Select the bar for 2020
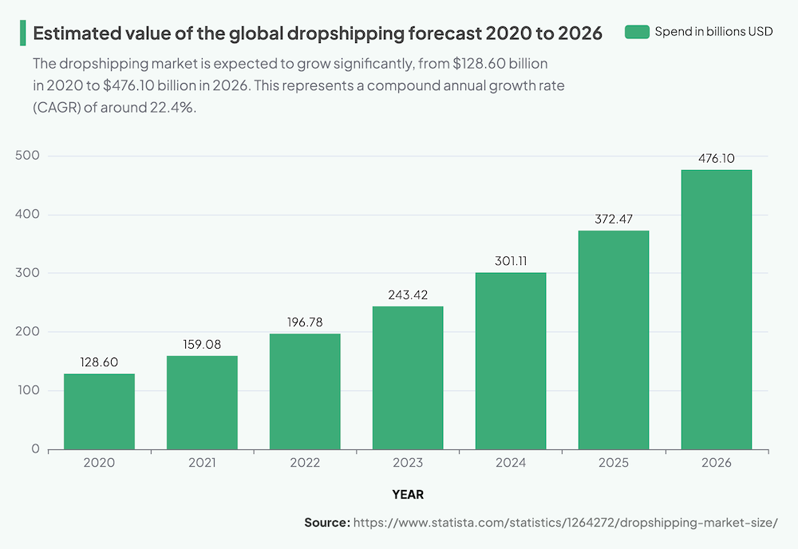pyautogui.click(x=99, y=411)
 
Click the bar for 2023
pyautogui.click(x=408, y=377)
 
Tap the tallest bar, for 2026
pyautogui.click(x=716, y=310)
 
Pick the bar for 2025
pyautogui.click(x=613, y=340)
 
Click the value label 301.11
pyautogui.click(x=511, y=261)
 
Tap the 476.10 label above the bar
pyautogui.click(x=716, y=158)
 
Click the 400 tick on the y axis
pyautogui.click(x=26, y=215)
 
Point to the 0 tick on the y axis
pyautogui.click(x=35, y=449)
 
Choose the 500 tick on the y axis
pyautogui.click(x=26, y=156)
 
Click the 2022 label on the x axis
pyautogui.click(x=305, y=463)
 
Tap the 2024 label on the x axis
pyautogui.click(x=511, y=463)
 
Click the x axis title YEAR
pyautogui.click(x=408, y=495)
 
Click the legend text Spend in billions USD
pyautogui.click(x=713, y=32)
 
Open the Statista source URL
pyautogui.click(x=565, y=523)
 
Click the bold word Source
pyautogui.click(x=326, y=523)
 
